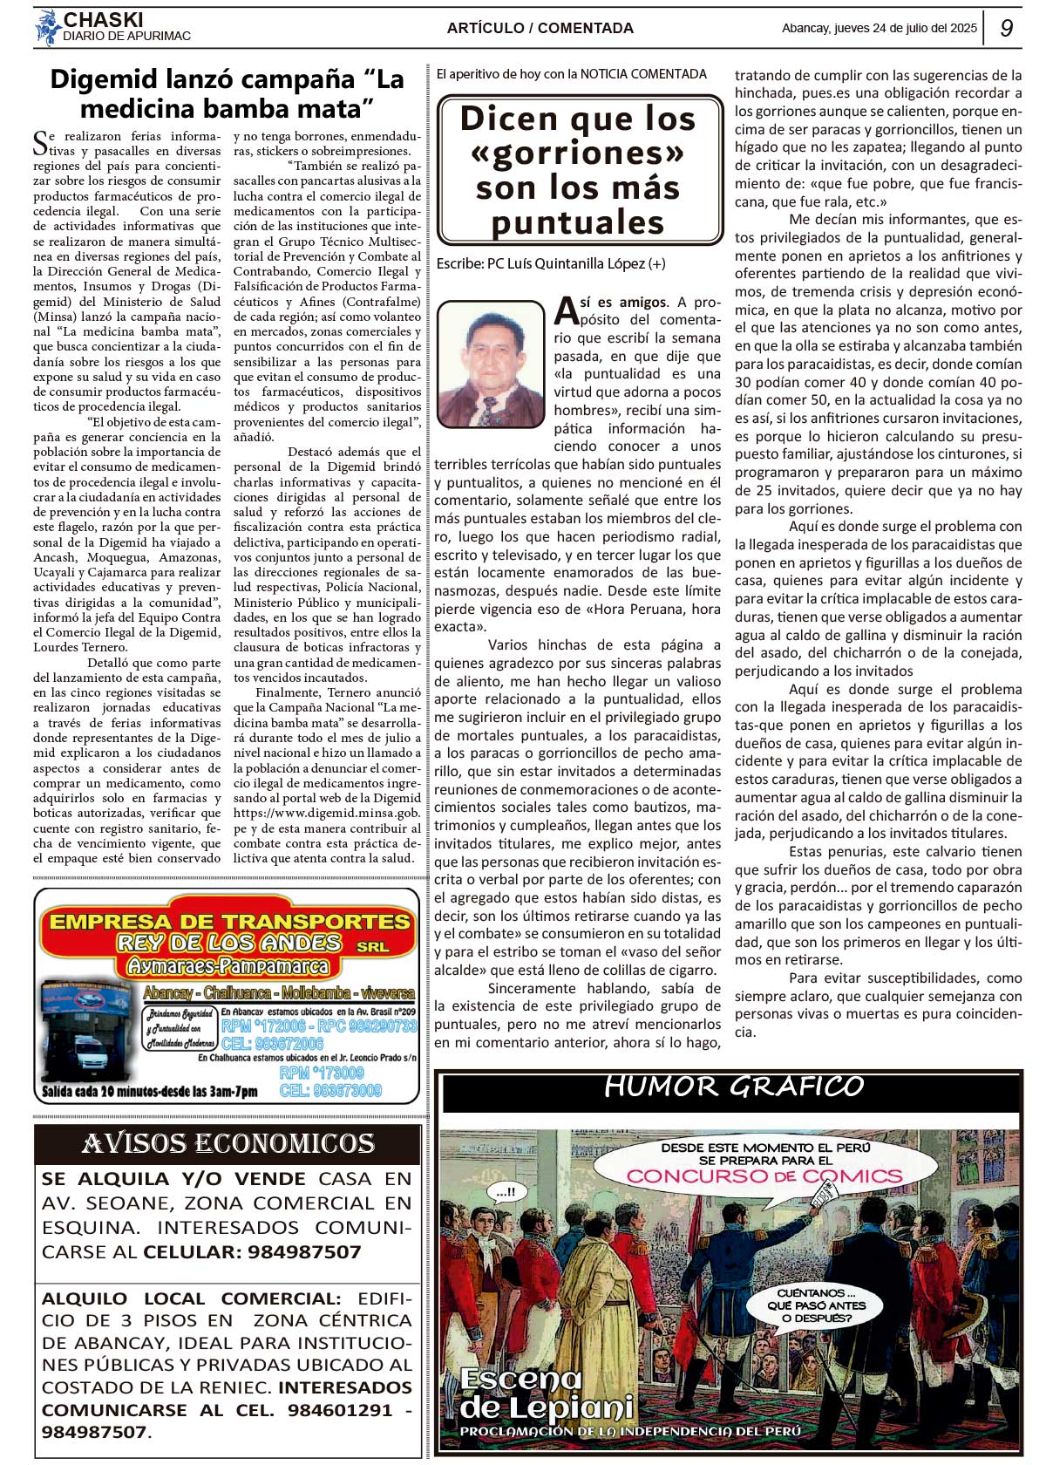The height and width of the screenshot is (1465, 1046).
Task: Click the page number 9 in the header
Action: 1006,28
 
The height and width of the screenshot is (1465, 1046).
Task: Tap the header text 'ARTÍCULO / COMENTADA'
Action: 540,28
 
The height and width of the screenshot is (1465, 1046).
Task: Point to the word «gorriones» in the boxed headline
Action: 578,153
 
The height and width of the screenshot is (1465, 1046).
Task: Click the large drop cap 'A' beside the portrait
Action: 567,310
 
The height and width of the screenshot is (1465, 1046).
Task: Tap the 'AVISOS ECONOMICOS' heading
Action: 228,1143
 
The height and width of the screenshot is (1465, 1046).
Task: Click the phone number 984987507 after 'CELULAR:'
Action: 304,1252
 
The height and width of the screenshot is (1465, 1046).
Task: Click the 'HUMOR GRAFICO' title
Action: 734,1087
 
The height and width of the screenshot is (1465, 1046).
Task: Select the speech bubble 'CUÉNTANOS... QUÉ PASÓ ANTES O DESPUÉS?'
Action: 816,1305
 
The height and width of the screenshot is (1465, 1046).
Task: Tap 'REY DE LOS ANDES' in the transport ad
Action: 228,943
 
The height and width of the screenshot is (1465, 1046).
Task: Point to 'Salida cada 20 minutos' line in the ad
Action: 149,1091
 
